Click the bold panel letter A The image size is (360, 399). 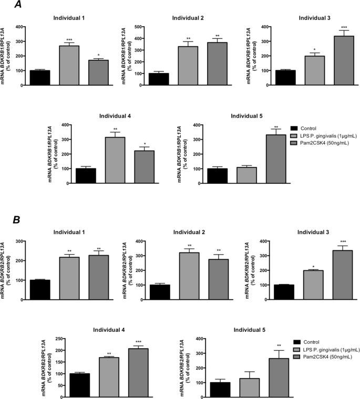pyautogui.click(x=18, y=6)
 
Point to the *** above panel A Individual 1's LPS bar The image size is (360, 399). pyautogui.click(x=69, y=40)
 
